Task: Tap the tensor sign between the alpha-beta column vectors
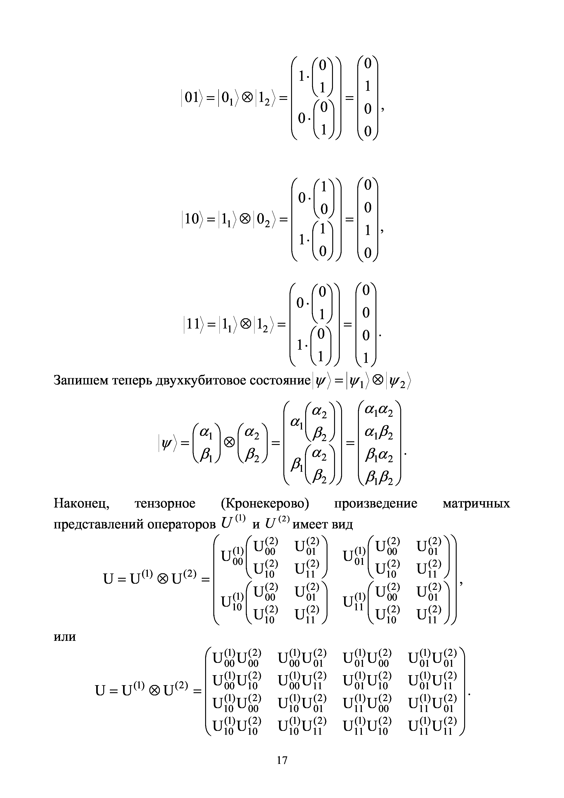(x=229, y=442)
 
